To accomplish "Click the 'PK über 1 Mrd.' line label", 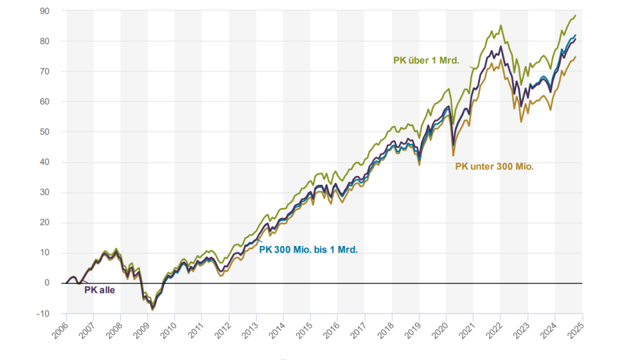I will (425, 61).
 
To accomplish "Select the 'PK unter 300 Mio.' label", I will (494, 167).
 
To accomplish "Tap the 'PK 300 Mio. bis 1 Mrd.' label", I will (308, 251).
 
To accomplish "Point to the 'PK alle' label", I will (99, 290).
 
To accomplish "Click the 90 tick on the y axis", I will (44, 11).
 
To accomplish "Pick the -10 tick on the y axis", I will (43, 313).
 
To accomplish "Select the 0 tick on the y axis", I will (46, 283).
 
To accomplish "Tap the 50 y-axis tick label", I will (44, 132).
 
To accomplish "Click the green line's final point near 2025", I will (575, 15).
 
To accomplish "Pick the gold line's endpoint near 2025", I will (575, 57).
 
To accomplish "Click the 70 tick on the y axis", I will (44, 71).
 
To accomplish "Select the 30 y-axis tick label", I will (44, 193).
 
